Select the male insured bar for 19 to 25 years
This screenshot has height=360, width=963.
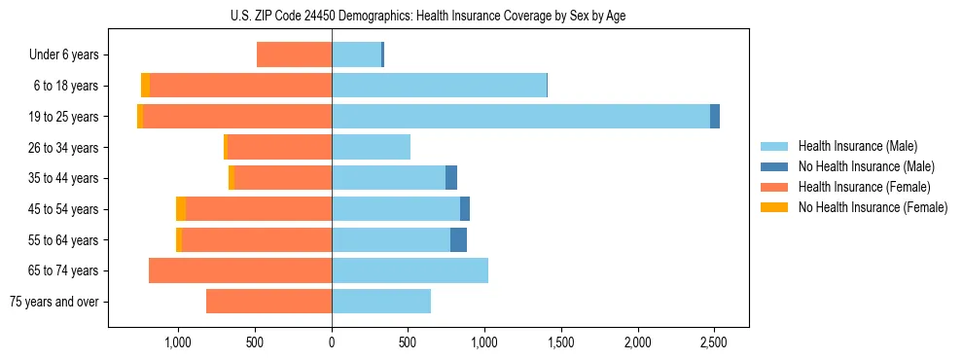520,117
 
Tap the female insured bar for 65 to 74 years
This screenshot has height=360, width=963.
240,270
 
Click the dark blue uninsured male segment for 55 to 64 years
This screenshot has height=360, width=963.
458,239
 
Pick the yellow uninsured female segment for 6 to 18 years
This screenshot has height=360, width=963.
145,86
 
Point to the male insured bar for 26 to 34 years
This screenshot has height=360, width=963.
371,147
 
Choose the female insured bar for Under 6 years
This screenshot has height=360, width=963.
294,54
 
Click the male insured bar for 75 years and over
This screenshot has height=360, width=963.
381,302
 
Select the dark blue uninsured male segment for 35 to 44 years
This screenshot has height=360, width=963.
451,178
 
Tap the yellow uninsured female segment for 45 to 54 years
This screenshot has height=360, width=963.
181,209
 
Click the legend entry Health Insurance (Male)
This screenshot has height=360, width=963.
852,146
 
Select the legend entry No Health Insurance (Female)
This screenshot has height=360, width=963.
872,207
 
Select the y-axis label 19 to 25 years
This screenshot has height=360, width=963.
65,117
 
